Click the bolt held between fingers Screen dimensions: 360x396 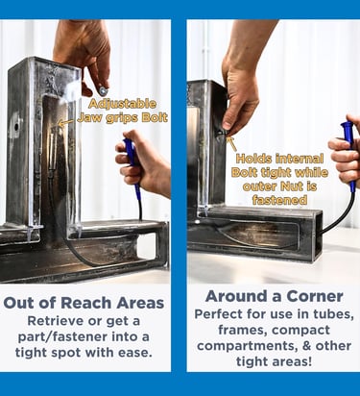point(103,91)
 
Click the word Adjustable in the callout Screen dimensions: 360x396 point(123,104)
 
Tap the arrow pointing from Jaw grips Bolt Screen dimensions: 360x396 point(65,122)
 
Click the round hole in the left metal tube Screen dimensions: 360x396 point(16,127)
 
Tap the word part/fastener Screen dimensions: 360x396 point(62,337)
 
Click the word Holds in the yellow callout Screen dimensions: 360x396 point(254,159)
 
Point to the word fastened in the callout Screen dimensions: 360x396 point(279,200)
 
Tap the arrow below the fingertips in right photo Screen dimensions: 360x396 point(232,144)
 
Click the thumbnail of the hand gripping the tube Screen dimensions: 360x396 point(228,124)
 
